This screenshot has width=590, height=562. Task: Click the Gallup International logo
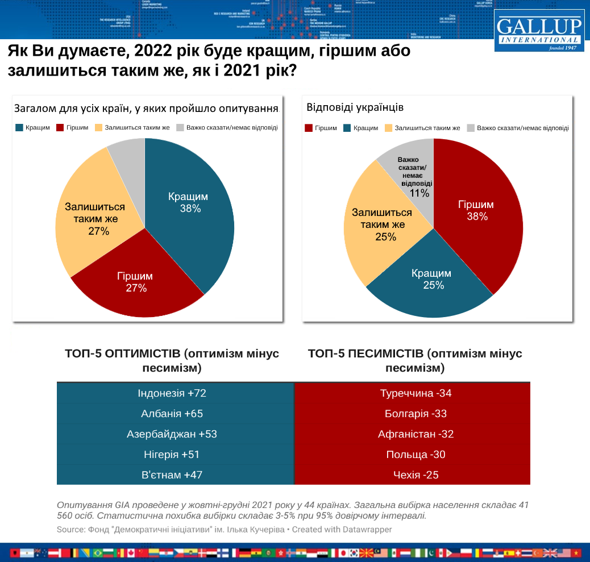click(539, 30)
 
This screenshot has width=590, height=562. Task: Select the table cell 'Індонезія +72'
click(175, 393)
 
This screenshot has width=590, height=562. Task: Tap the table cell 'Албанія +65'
click(175, 414)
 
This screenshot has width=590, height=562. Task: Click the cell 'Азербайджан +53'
click(175, 434)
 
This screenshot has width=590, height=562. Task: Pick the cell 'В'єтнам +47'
click(175, 475)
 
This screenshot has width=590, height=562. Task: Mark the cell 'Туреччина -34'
click(413, 393)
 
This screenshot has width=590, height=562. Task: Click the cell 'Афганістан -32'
click(413, 434)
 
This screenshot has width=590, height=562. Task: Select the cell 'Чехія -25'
click(413, 475)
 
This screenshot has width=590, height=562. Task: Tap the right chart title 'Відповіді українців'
click(347, 107)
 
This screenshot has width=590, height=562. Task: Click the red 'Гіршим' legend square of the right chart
click(309, 128)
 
